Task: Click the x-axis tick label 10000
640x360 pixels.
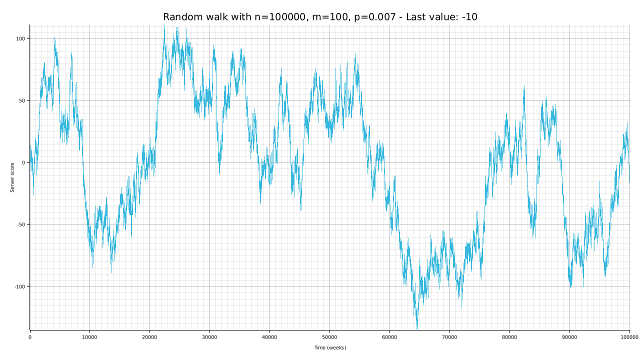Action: coord(89,337)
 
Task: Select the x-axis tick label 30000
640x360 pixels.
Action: coord(209,337)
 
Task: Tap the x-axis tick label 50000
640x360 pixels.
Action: coord(329,337)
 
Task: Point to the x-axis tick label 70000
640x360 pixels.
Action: coord(449,337)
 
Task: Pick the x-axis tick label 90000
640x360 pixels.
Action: coord(569,337)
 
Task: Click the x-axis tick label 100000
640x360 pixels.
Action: coord(629,337)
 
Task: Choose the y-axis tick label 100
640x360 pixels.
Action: coord(21,39)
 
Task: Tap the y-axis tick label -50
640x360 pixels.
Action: coord(21,225)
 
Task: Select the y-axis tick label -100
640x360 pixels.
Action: coord(20,287)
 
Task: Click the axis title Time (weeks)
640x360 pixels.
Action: coord(330,348)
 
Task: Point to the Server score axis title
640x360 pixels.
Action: coord(12,177)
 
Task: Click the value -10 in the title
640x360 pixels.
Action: coord(469,17)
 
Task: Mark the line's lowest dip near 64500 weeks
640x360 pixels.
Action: coord(417,327)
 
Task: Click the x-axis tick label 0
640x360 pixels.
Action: coord(30,337)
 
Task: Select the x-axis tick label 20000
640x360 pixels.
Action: coord(149,337)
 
